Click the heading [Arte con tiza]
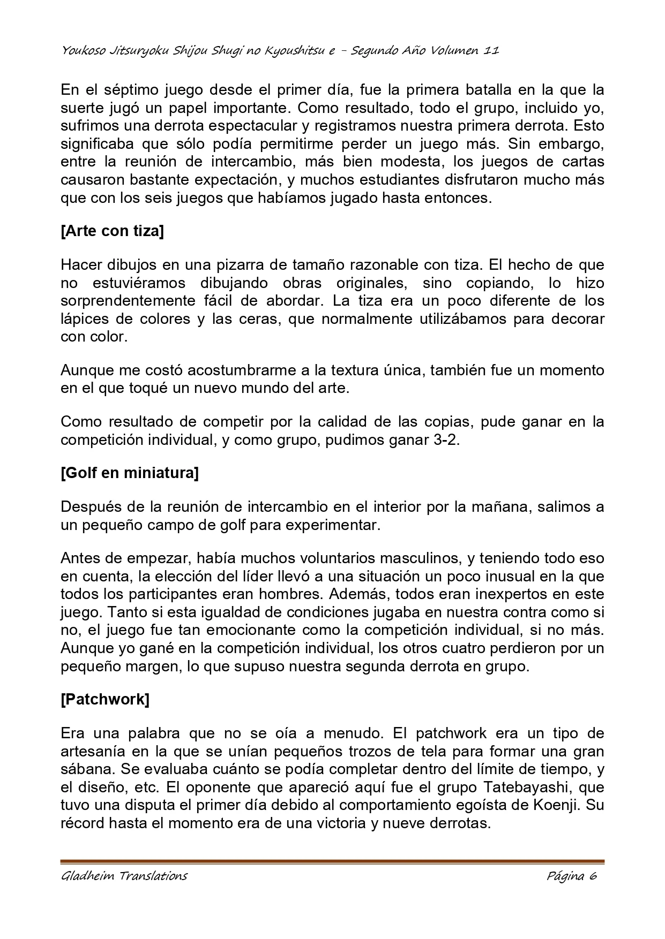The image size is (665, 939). pyautogui.click(x=112, y=231)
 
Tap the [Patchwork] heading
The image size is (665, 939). pyautogui.click(x=105, y=699)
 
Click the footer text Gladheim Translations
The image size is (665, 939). pyautogui.click(x=124, y=876)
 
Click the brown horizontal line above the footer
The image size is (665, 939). pyautogui.click(x=332, y=861)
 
